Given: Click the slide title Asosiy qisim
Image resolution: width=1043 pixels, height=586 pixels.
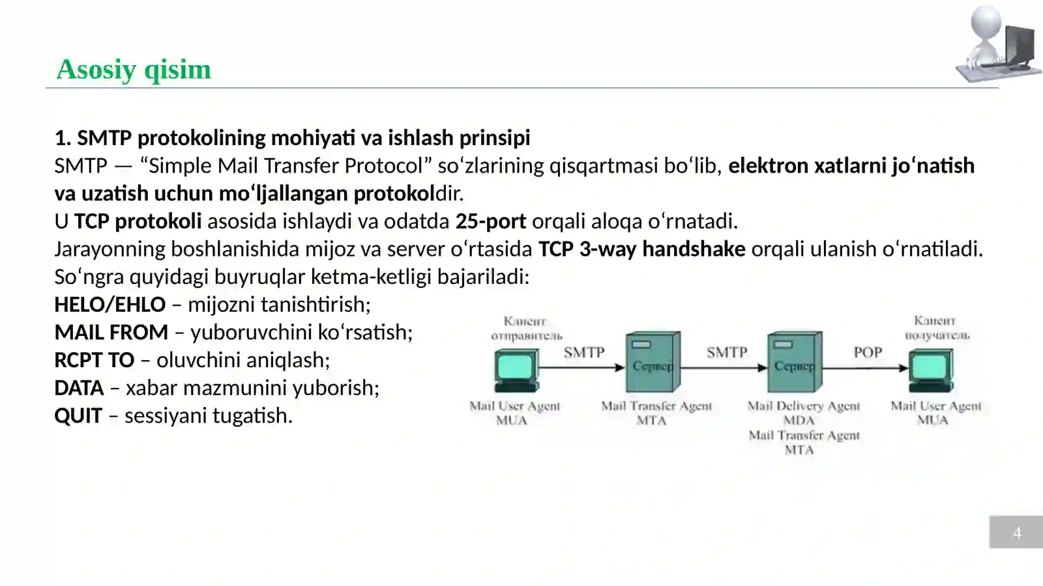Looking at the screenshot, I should pyautogui.click(x=134, y=69).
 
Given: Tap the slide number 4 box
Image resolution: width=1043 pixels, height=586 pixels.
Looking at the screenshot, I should pyautogui.click(x=1016, y=533).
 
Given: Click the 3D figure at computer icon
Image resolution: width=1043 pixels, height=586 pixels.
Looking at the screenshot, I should pyautogui.click(x=996, y=44).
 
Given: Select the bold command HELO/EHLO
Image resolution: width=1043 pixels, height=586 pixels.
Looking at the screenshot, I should pyautogui.click(x=110, y=304).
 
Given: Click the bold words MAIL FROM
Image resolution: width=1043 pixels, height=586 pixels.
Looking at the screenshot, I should pyautogui.click(x=111, y=332).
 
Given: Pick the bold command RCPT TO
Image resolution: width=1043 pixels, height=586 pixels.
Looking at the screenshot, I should pyautogui.click(x=95, y=360).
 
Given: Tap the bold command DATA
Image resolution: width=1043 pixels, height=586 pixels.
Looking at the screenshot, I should pyautogui.click(x=79, y=388).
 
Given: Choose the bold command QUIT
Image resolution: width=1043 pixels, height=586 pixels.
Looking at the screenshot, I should pyautogui.click(x=78, y=415).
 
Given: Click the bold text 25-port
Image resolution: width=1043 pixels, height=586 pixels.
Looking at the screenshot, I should pyautogui.click(x=490, y=221).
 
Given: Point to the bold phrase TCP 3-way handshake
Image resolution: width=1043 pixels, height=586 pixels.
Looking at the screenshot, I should pyautogui.click(x=641, y=249).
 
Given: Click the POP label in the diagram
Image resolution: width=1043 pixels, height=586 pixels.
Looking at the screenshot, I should pyautogui.click(x=868, y=352).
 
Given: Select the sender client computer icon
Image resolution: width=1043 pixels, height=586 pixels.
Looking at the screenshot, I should pyautogui.click(x=516, y=369).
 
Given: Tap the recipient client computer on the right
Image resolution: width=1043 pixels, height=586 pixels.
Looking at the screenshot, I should pyautogui.click(x=932, y=369).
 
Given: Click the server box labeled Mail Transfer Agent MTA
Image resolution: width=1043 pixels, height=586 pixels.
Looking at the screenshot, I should pyautogui.click(x=653, y=361).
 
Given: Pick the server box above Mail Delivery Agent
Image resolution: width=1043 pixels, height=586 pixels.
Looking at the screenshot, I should pyautogui.click(x=794, y=361).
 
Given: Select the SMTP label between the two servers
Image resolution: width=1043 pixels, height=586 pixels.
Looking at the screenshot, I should pyautogui.click(x=726, y=352).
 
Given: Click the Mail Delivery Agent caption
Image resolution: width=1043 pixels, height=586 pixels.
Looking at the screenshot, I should pyautogui.click(x=803, y=406).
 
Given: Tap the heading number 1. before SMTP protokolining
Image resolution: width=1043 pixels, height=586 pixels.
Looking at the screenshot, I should pyautogui.click(x=63, y=138).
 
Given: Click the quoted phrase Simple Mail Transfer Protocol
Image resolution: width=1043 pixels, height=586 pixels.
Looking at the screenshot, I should pyautogui.click(x=286, y=166).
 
